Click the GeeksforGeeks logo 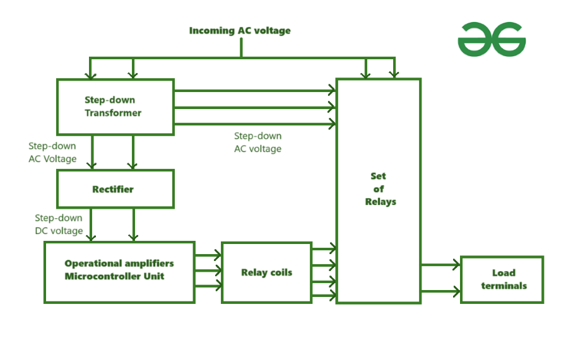492,39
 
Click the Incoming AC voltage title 240,30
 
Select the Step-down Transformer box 115,107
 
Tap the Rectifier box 115,189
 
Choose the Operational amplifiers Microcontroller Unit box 119,271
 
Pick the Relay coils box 266,272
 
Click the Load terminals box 502,279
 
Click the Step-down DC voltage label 59,224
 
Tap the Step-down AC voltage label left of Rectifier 52,153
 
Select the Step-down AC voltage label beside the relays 257,142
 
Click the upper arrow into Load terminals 440,265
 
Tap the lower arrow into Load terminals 440,291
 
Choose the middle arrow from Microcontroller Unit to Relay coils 208,271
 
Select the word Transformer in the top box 113,113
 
